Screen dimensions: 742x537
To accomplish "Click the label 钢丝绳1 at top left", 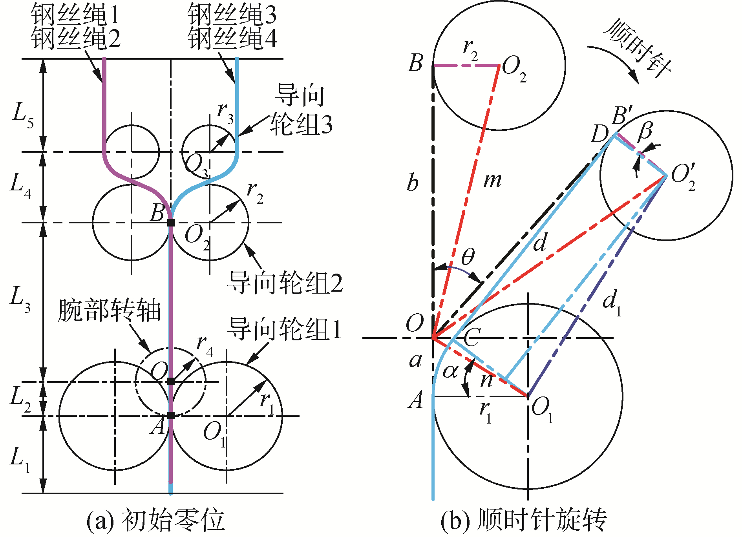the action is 75,14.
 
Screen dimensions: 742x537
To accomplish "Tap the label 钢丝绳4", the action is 232,38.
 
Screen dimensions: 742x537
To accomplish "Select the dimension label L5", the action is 23,115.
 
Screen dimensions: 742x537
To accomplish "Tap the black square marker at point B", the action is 171,223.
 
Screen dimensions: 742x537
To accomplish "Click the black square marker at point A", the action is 171,416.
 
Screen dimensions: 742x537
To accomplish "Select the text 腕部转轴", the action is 110,311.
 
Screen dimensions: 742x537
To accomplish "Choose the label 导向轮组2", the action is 285,283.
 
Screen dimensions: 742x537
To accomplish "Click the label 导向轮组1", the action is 285,329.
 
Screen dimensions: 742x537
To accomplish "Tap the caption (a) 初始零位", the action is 155,520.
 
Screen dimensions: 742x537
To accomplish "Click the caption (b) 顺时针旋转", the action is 524,520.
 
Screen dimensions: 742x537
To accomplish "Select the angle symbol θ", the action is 467,257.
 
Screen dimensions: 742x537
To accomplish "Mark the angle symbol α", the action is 450,371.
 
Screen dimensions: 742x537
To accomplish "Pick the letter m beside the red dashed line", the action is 492,181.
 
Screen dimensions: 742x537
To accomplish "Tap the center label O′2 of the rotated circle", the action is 683,177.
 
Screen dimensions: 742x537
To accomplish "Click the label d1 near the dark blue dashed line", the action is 612,303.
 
